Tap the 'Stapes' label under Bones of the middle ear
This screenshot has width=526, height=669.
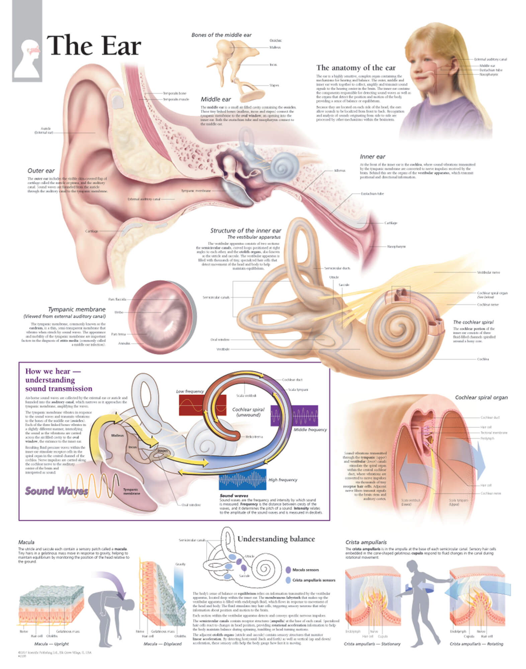coord(274,85)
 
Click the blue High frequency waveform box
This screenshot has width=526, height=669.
coord(243,479)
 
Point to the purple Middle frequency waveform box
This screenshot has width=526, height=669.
coord(294,416)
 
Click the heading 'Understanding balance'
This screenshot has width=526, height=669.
coord(276,539)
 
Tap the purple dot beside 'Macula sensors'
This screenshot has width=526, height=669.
coord(288,570)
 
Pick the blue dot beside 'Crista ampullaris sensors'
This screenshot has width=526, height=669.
coord(288,580)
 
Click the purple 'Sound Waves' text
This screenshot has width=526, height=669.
coord(57,491)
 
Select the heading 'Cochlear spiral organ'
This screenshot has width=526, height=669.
coord(481,397)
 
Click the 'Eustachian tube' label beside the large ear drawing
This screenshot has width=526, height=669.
coord(372,194)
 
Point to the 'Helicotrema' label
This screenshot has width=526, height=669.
coord(254,437)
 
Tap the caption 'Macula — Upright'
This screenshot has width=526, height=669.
coord(51,644)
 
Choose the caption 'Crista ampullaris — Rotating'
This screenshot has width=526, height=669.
coord(476,644)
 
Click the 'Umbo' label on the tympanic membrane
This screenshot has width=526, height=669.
coord(119,312)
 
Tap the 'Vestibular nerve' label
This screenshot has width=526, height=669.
coord(489,272)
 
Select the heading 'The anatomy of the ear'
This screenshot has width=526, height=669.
coord(356,68)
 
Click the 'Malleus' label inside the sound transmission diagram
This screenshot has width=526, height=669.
coord(117,436)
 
